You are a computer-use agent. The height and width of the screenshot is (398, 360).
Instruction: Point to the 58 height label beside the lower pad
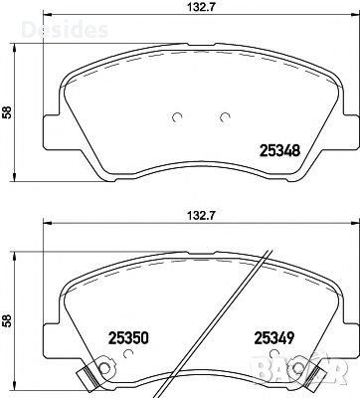click(x=9, y=321)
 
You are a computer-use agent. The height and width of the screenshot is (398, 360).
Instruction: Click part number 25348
click(x=280, y=151)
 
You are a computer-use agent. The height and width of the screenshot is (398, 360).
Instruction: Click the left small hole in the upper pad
click(x=177, y=116)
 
